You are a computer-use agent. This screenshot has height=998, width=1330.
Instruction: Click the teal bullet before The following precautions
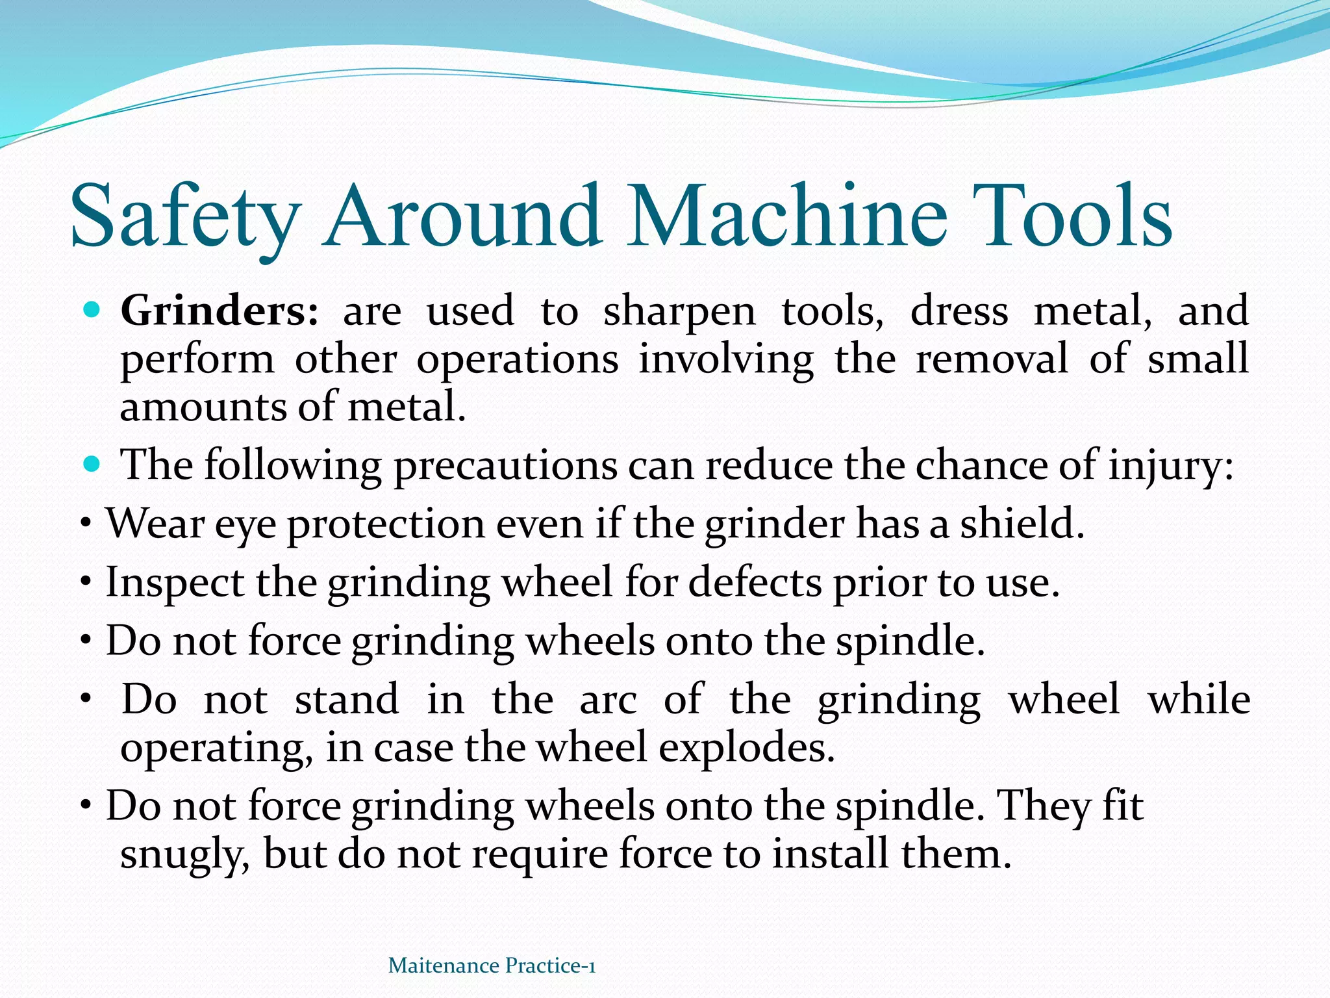point(93,465)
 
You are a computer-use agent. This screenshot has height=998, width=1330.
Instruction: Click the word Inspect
point(175,583)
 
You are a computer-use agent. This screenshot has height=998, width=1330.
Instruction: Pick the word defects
point(755,582)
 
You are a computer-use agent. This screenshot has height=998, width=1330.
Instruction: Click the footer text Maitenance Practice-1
point(492,966)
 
